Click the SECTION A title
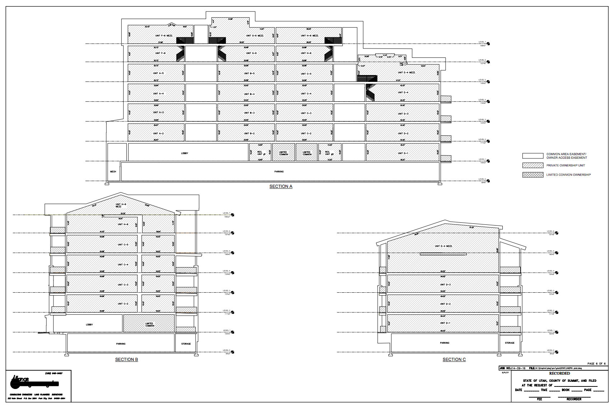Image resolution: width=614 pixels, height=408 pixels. pos(281,186)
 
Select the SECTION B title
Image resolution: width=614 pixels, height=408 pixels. pos(126,360)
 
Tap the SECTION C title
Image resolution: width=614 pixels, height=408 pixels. pos(454,360)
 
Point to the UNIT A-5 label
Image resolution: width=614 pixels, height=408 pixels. pos(158,73)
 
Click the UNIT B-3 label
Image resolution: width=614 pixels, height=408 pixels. pos(249,113)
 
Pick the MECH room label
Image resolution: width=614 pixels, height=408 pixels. pos(113,172)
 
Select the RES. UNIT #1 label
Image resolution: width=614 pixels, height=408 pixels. pos(260,153)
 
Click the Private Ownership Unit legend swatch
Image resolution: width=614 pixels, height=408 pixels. pos(532,166)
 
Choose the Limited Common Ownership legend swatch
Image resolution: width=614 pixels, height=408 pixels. pos(532,175)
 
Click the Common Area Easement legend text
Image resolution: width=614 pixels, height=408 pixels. pos(566,156)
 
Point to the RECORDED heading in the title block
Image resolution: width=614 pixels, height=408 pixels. pos(559,374)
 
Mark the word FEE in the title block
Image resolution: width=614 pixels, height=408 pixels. pos(539,399)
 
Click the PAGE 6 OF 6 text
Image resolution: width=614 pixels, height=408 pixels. pos(596,364)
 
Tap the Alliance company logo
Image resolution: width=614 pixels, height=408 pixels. pos(34,383)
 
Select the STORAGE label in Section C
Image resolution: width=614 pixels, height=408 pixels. pos(510,343)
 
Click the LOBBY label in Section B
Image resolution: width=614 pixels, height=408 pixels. pos(89,325)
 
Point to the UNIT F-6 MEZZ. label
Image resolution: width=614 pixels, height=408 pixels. pos(164,36)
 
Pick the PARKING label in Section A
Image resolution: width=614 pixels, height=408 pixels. pos(279,172)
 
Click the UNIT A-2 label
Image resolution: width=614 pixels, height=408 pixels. pos(158,134)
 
